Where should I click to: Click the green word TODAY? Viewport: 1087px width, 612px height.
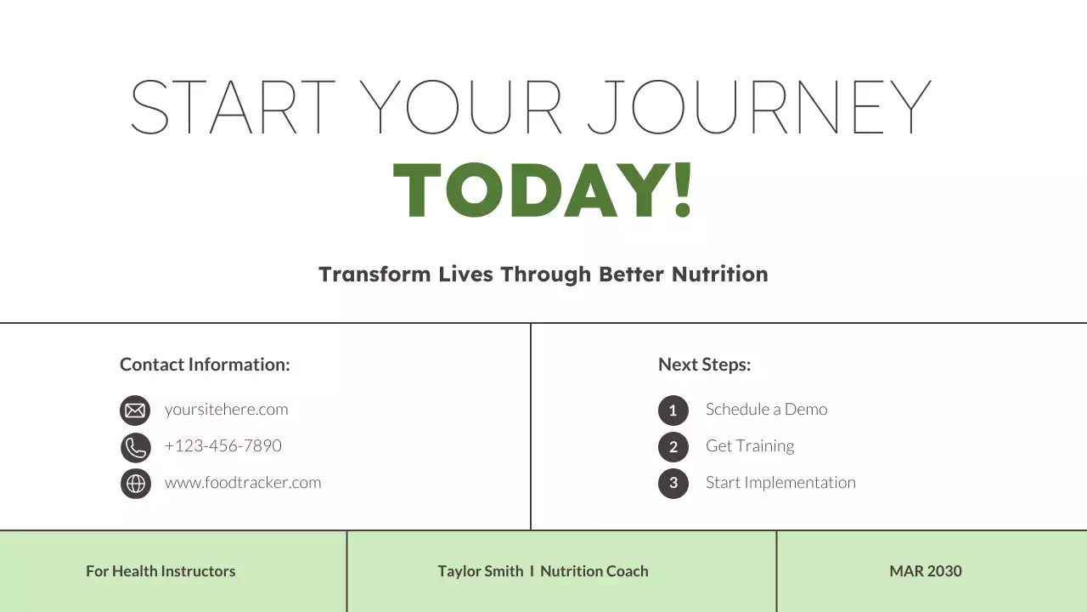click(x=543, y=190)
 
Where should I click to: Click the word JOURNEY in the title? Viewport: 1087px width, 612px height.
click(x=759, y=108)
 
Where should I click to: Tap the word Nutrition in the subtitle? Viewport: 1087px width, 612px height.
click(x=719, y=275)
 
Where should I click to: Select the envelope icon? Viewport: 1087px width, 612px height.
click(x=135, y=411)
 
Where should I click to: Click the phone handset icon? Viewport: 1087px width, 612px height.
click(x=135, y=447)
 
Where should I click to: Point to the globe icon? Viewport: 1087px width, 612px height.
click(x=135, y=484)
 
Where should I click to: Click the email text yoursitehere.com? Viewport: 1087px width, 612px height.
click(x=226, y=410)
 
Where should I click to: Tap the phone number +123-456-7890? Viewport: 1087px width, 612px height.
click(x=222, y=446)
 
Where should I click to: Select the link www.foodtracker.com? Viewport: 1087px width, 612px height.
click(x=243, y=483)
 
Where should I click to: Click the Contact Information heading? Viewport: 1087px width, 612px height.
click(x=205, y=365)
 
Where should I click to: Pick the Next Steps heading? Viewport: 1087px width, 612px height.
click(x=704, y=365)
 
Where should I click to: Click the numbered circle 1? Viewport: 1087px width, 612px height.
click(x=673, y=411)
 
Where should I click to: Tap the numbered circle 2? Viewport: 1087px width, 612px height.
click(x=673, y=447)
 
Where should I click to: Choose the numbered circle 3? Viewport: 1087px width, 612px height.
click(x=673, y=484)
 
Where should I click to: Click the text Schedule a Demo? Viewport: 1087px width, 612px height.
click(x=766, y=410)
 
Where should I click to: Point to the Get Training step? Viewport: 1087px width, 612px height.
click(x=750, y=446)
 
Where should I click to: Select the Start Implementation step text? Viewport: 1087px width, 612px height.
click(x=780, y=483)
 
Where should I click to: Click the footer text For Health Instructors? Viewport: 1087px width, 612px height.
click(x=161, y=571)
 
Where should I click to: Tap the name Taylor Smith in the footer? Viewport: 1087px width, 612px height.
click(x=481, y=571)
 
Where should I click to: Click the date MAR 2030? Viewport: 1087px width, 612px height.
click(x=926, y=571)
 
